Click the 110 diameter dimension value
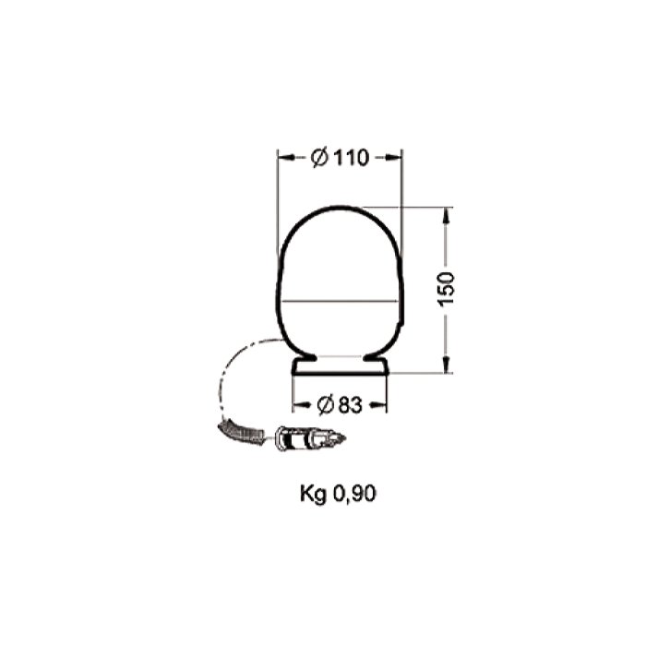tap(351, 158)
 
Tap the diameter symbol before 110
tap(319, 158)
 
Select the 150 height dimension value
tap(446, 289)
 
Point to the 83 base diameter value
tap(350, 405)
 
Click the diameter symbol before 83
tap(326, 405)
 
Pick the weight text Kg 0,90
tap(338, 494)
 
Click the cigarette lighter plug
tap(311, 438)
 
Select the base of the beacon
tap(340, 366)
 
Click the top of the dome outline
tap(341, 207)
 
